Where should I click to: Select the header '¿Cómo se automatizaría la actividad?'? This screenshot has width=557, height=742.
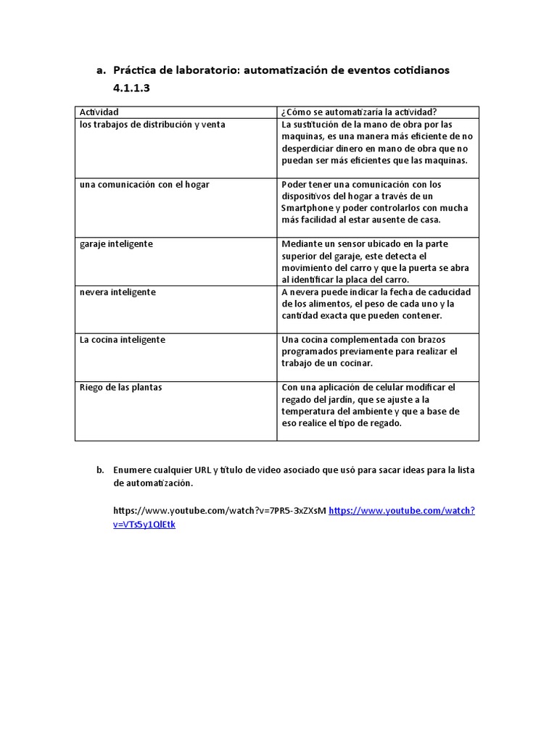click(x=359, y=112)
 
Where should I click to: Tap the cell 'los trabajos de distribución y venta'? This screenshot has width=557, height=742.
click(x=152, y=125)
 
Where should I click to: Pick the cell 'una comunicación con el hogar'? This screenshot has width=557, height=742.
click(x=144, y=185)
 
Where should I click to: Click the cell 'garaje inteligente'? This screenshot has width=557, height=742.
click(x=116, y=244)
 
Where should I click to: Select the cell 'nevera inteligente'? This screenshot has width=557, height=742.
click(x=117, y=292)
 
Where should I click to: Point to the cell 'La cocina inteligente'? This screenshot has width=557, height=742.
click(x=122, y=340)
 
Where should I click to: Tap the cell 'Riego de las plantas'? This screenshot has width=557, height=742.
click(x=120, y=388)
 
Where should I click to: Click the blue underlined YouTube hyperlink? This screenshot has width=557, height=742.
click(x=401, y=511)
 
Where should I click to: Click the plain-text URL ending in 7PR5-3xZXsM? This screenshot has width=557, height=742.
click(x=220, y=511)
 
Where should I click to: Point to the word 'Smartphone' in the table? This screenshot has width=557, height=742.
click(x=305, y=208)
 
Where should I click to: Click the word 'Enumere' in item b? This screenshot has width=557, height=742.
click(x=132, y=470)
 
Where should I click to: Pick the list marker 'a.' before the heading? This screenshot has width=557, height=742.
click(x=101, y=71)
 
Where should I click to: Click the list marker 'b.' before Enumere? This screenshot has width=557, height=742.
click(x=101, y=470)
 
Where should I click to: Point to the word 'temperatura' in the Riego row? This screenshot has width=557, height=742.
click(x=308, y=412)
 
